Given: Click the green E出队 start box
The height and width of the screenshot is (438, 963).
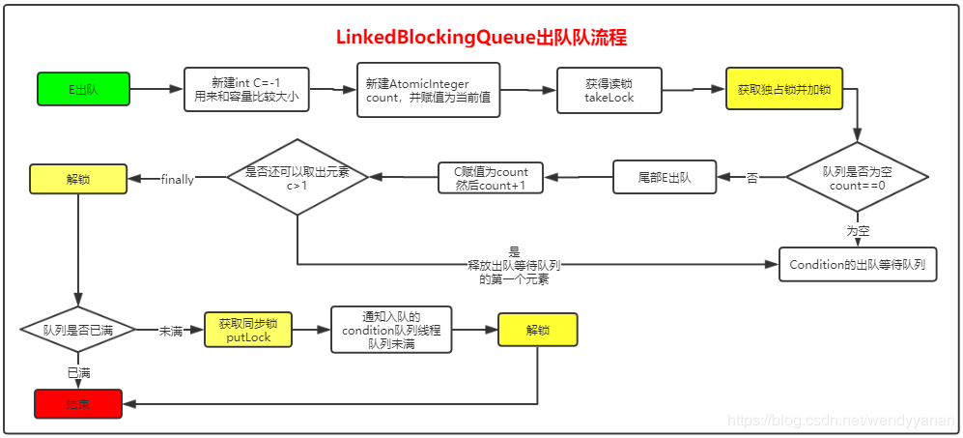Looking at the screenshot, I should [x=83, y=89].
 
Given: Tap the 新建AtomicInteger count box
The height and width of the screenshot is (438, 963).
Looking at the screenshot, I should [x=428, y=90].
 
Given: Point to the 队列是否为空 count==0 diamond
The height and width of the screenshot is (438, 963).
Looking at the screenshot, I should [x=857, y=177].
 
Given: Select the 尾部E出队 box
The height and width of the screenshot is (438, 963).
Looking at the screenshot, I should [x=665, y=178].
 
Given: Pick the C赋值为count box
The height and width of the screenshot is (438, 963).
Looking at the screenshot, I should [x=490, y=178].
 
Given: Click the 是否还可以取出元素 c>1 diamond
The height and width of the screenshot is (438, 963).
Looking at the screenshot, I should [x=297, y=177].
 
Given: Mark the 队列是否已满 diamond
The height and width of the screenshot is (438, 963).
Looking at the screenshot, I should [x=78, y=330].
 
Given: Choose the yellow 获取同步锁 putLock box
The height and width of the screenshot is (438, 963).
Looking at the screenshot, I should [x=247, y=330].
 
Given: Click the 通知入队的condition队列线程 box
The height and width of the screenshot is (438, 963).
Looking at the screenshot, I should [x=391, y=330].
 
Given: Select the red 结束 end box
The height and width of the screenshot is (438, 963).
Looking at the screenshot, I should [x=78, y=403].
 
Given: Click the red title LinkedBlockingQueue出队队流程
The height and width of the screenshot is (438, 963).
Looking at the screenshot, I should [x=481, y=38].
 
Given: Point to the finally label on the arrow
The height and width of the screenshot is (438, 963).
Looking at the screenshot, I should [x=178, y=179].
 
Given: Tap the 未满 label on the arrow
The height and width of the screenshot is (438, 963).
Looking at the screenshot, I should [x=172, y=331].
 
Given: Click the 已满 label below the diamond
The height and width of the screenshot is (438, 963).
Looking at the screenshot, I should [x=78, y=371].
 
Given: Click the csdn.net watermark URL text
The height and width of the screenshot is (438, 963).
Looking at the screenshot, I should [x=839, y=422].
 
